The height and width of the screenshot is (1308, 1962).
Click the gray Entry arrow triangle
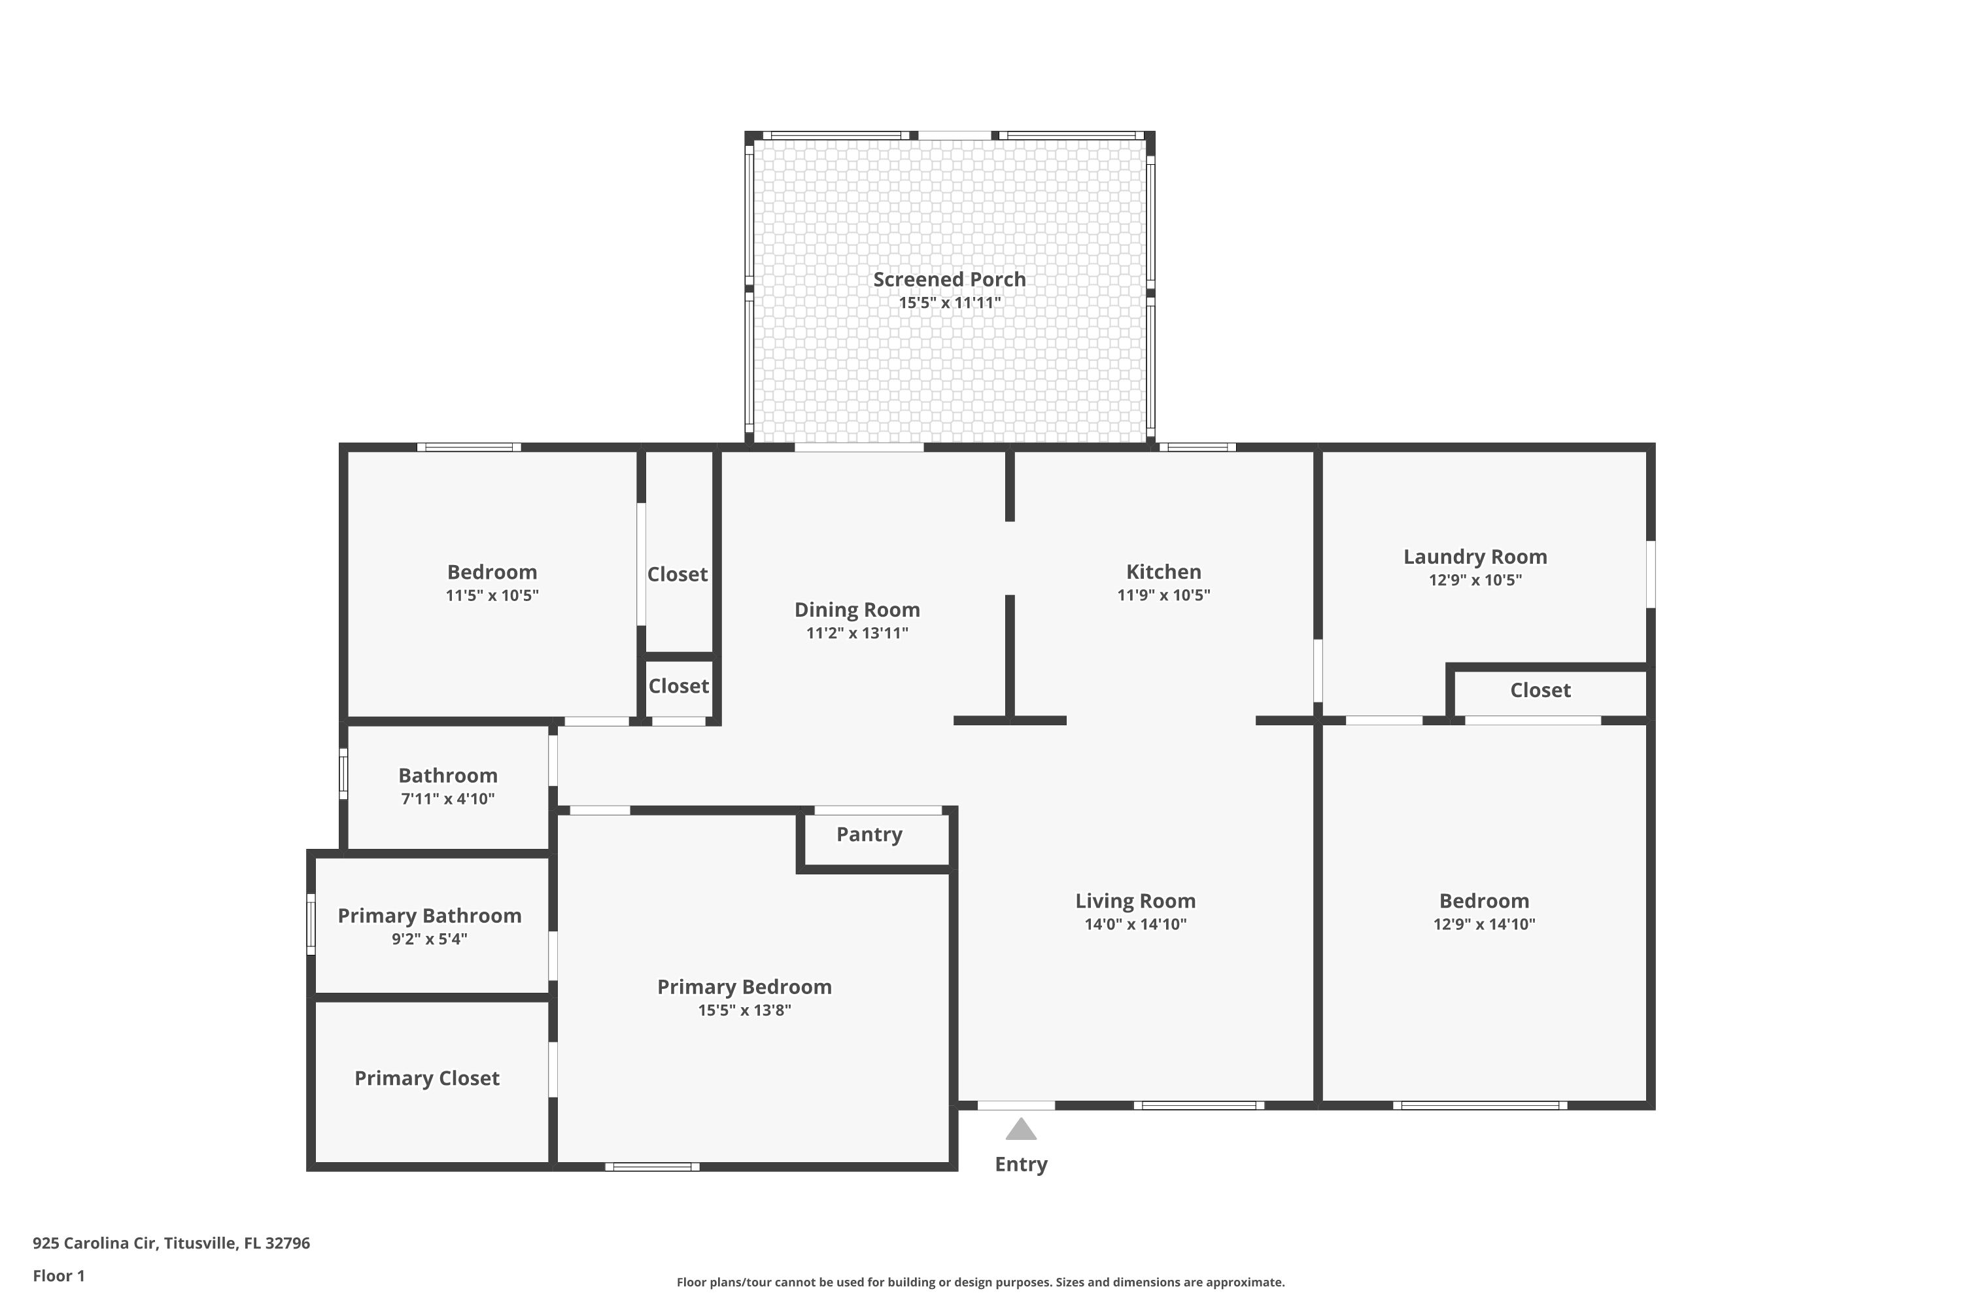[1020, 1130]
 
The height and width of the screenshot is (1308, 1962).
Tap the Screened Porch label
[950, 279]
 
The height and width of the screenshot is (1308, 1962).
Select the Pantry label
[869, 835]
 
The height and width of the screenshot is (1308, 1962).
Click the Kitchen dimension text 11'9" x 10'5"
[1163, 594]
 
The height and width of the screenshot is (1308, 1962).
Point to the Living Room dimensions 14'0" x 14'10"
[1135, 923]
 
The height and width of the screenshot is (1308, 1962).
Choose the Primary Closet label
[427, 1078]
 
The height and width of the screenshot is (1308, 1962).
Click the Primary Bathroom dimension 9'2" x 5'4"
[430, 938]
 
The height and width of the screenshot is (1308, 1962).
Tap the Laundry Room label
[1475, 557]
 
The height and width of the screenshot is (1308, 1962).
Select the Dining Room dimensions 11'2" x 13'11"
[857, 633]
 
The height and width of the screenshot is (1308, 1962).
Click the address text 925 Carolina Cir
[94, 1243]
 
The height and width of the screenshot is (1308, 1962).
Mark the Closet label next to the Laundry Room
[1540, 691]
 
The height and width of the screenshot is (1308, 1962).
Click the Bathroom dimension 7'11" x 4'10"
[448, 799]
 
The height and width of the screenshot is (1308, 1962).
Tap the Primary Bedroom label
[744, 987]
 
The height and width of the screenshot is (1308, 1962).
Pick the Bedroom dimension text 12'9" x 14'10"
[1484, 923]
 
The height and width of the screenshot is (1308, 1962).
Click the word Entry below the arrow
[1021, 1165]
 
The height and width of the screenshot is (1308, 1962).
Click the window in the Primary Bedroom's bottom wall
[652, 1167]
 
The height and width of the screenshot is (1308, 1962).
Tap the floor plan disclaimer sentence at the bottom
[980, 1282]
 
